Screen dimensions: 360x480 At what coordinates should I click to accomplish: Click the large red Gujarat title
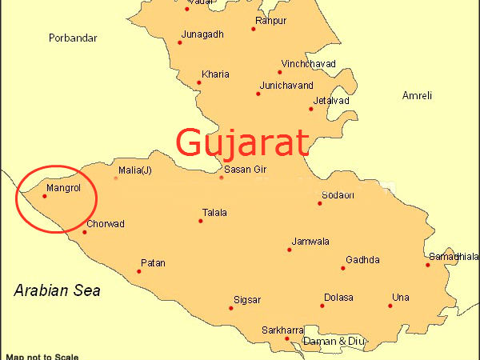point(242,143)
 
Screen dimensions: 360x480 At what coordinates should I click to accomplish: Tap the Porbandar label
point(72,38)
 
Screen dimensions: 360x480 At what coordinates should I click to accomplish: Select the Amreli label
point(417,95)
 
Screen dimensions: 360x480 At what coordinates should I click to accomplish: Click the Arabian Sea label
point(57,290)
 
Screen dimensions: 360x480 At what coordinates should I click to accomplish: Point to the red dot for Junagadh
point(180,42)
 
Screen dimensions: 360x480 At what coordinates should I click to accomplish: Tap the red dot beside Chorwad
point(84,232)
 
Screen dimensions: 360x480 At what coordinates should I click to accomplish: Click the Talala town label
point(214,213)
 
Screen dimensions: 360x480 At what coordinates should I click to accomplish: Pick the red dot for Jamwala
point(290,250)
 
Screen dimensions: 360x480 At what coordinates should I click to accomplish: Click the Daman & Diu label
point(334,342)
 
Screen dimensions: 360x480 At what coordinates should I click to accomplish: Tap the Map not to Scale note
point(42,356)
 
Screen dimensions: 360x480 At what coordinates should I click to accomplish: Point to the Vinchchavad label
point(306,63)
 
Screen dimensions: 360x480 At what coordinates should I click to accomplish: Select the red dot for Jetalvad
point(311,109)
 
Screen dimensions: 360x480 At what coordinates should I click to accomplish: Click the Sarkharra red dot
point(287,338)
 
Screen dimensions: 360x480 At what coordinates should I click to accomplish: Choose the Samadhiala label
point(454,257)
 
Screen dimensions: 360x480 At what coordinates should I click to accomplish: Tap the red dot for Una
point(390,306)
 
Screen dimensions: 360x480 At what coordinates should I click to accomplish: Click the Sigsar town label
point(246,300)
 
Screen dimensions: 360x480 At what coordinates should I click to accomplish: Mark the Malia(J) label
point(134,170)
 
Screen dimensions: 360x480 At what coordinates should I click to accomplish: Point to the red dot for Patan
point(138,271)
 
